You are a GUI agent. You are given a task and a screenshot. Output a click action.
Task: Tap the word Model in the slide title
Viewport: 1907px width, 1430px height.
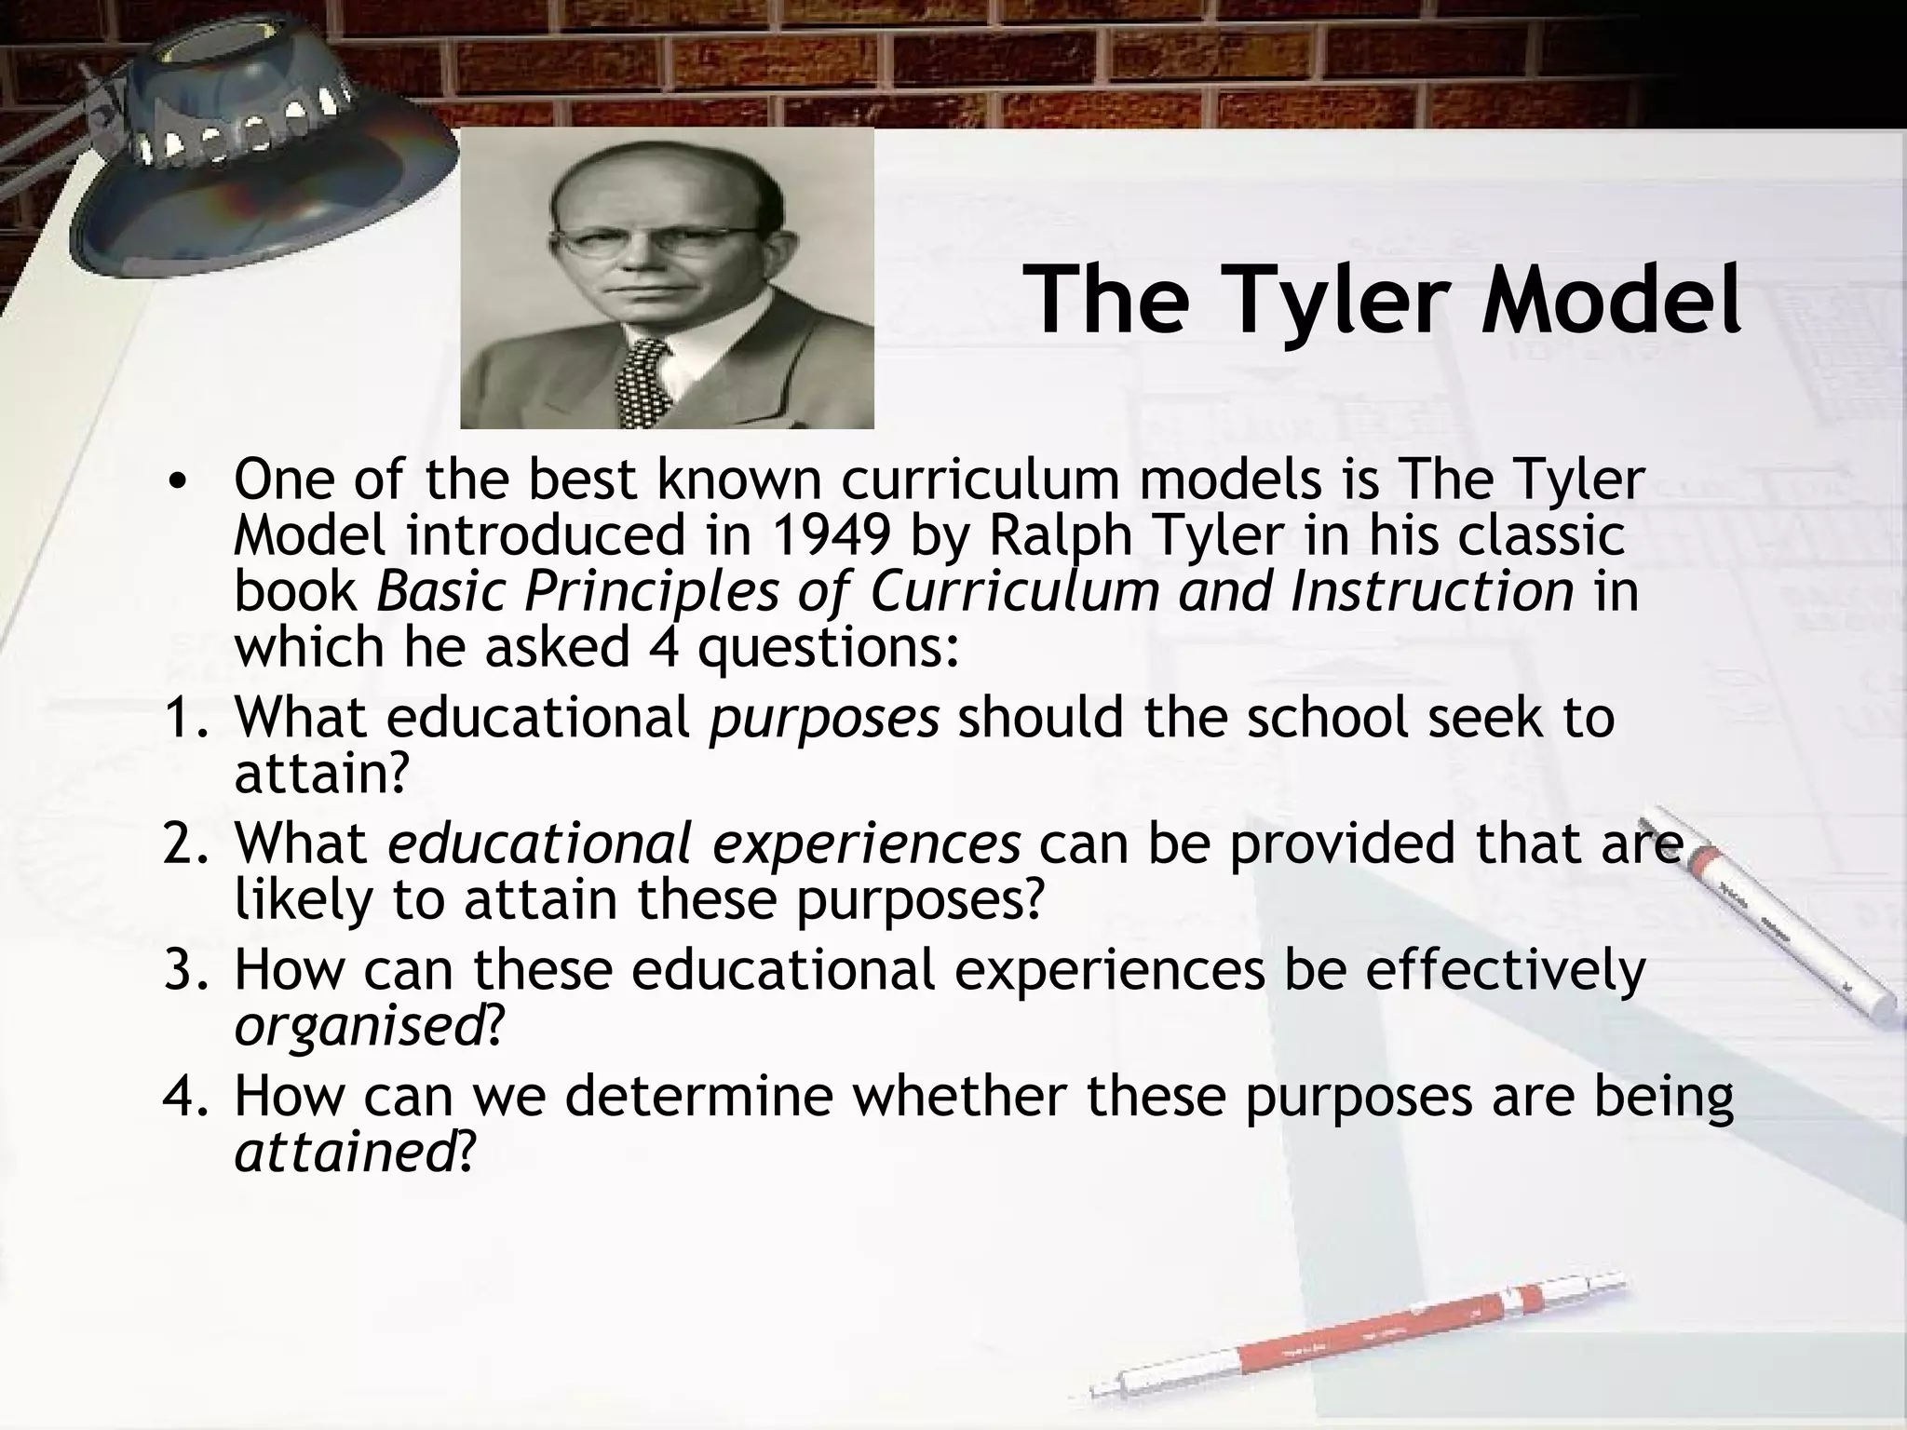click(1611, 300)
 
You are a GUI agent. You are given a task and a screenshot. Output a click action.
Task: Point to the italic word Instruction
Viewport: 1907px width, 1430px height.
click(1431, 592)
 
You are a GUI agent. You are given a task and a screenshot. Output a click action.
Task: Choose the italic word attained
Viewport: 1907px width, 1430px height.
click(344, 1152)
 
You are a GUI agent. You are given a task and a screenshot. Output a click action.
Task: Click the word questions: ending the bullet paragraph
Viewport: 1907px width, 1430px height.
click(828, 648)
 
